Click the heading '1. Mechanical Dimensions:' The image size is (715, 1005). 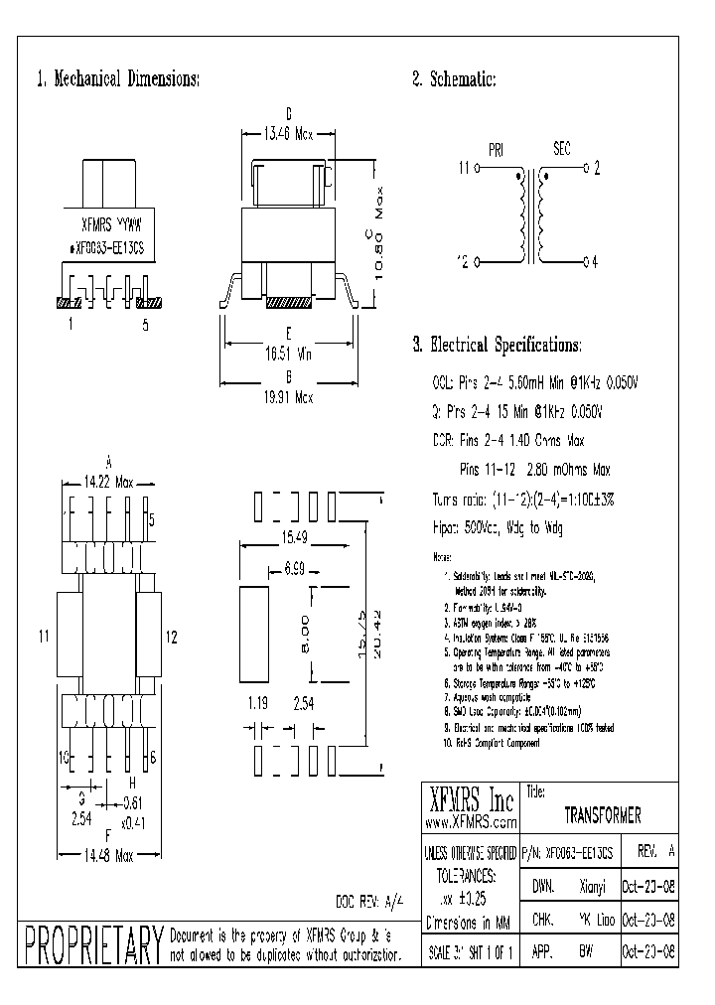click(x=118, y=79)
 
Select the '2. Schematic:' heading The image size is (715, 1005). click(x=454, y=79)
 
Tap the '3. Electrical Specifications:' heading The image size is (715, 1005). click(x=497, y=346)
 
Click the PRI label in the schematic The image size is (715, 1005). click(x=497, y=150)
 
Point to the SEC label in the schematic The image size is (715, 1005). click(x=562, y=150)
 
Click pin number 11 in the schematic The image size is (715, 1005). click(x=463, y=170)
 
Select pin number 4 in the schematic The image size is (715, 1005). click(x=594, y=262)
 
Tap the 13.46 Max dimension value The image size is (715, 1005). click(x=287, y=128)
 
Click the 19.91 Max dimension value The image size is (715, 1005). click(x=287, y=396)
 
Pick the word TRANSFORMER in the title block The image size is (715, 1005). click(x=602, y=815)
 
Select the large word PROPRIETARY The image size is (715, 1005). click(x=92, y=944)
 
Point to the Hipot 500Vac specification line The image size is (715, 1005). click(x=498, y=529)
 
